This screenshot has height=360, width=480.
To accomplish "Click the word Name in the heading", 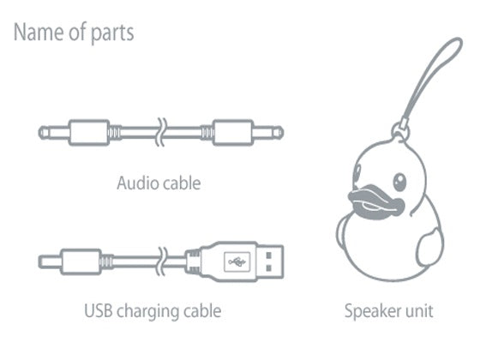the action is point(39,33).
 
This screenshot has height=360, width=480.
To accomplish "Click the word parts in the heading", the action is point(112,33).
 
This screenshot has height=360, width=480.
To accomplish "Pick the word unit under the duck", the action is point(419,310).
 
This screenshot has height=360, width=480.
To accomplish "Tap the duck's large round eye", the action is point(399,182).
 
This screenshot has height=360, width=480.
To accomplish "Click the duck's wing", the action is point(430,249).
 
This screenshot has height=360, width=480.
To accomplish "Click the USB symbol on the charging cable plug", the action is point(237,261).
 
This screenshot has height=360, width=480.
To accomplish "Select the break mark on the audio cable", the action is point(161,132).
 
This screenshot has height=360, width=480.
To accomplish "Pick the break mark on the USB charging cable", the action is point(162,261).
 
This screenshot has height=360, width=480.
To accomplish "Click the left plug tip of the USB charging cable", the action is point(50,262).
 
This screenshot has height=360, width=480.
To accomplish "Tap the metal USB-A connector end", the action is point(270,261).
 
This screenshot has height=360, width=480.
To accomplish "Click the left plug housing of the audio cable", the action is point(89,133).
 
